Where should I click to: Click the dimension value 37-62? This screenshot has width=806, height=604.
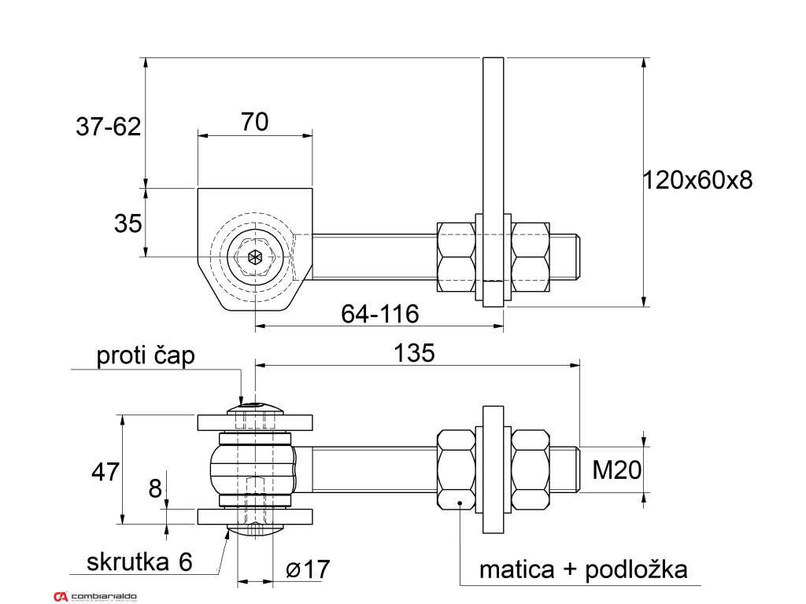click(x=108, y=126)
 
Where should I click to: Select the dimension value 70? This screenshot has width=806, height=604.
click(x=254, y=122)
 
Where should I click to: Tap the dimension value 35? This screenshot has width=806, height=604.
click(x=128, y=223)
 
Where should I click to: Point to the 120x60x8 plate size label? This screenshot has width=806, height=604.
click(x=697, y=180)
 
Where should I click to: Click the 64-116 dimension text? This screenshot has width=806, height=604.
click(x=379, y=314)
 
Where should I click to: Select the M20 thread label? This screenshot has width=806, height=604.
click(x=616, y=470)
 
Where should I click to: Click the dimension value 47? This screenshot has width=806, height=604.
click(x=105, y=472)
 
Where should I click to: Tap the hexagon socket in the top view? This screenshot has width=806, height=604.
click(x=253, y=256)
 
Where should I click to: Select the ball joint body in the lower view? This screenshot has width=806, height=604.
click(x=253, y=470)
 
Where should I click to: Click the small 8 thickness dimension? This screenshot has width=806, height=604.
click(x=156, y=489)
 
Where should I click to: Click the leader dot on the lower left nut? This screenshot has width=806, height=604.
click(x=460, y=501)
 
